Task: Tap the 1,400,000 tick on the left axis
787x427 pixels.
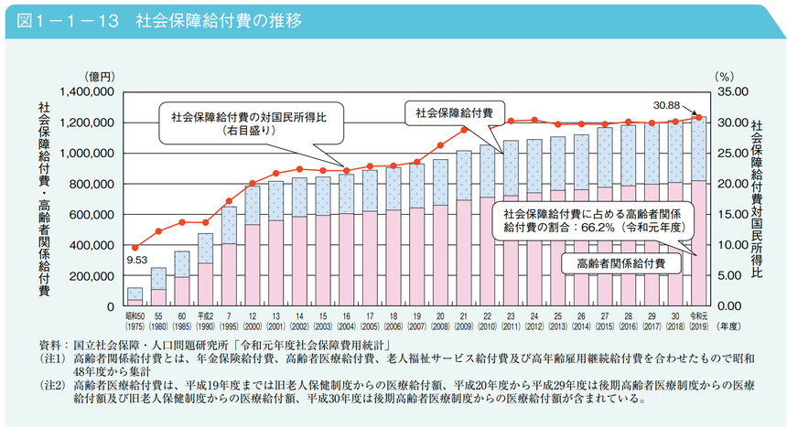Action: coord(85,92)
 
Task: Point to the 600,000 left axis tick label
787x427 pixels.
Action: coord(91,215)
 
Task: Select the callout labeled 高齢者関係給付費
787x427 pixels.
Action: coord(621,263)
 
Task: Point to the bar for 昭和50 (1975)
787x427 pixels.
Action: coord(135,294)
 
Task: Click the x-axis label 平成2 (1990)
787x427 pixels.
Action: coord(206,320)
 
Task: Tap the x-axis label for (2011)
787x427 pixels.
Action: coord(510,326)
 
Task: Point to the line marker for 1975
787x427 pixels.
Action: coord(135,247)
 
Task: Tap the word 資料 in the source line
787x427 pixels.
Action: coord(49,345)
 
